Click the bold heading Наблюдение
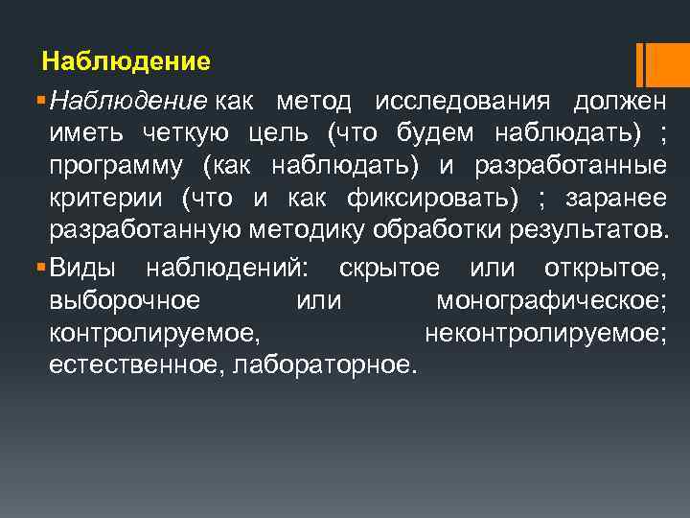click(x=126, y=62)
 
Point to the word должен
click(x=619, y=101)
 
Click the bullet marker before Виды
click(x=37, y=266)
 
